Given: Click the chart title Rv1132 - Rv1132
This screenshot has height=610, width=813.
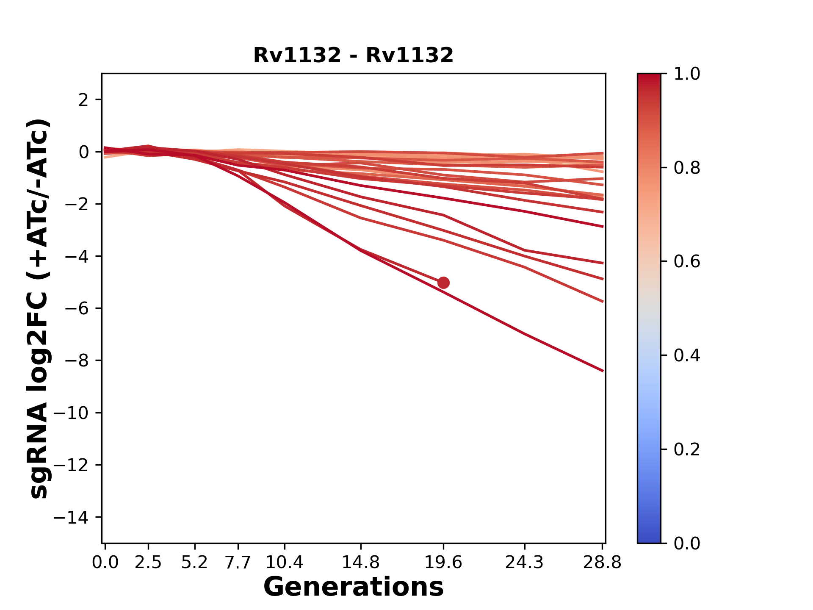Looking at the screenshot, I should [x=353, y=55].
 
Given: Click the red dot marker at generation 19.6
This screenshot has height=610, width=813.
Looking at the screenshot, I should [x=443, y=283].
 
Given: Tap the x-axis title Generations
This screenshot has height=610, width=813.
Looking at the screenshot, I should [x=353, y=587].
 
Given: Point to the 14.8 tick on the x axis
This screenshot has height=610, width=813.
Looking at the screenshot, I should [x=360, y=563].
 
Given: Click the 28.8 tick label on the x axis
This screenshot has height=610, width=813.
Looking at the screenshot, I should [x=602, y=563].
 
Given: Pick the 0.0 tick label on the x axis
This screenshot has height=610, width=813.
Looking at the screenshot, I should [x=105, y=563].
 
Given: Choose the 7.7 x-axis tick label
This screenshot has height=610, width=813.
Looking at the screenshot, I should [x=238, y=563].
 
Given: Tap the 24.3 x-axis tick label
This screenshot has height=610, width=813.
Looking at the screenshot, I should [x=525, y=563].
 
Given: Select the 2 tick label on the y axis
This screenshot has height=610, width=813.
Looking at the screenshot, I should [x=83, y=100].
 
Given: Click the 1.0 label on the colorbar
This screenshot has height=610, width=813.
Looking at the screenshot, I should [x=687, y=74].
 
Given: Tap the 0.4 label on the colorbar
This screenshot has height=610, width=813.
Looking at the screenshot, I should [x=687, y=355].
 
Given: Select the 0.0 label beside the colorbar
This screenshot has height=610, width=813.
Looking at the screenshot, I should [x=687, y=543].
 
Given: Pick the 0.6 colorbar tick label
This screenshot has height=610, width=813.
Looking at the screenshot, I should [x=687, y=262].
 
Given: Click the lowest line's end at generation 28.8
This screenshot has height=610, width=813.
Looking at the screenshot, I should [x=603, y=371].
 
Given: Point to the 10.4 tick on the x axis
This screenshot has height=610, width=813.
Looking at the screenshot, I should [x=284, y=563].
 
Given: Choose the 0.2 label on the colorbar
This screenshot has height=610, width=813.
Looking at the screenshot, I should [x=687, y=449].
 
